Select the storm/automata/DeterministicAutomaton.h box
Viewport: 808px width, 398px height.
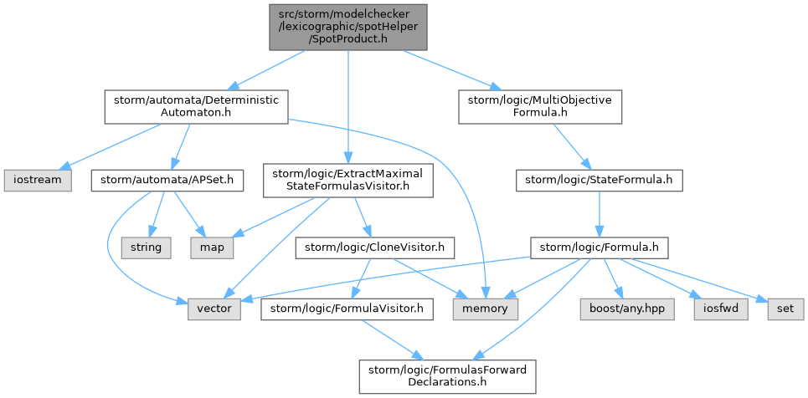[196, 106]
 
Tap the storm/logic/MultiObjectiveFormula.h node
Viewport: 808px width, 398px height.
[540, 106]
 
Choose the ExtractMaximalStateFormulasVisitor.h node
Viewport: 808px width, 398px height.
[348, 180]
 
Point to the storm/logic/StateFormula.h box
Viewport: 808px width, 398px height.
[599, 179]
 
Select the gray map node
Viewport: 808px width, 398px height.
[213, 247]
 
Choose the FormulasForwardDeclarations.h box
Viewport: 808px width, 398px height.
[447, 377]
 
